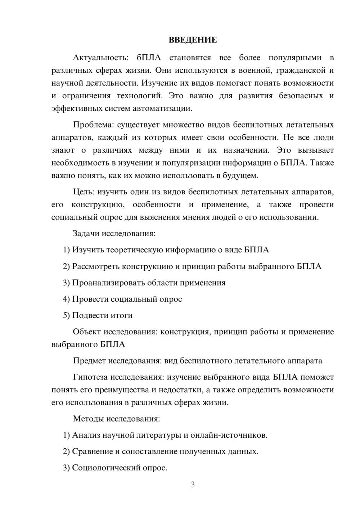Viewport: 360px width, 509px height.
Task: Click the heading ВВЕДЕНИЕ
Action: (x=193, y=40)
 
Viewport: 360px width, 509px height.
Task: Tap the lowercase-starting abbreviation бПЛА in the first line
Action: (x=148, y=58)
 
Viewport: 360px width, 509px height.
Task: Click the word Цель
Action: (x=83, y=192)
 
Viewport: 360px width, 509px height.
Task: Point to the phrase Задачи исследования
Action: (x=114, y=233)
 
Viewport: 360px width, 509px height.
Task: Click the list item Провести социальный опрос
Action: (x=127, y=299)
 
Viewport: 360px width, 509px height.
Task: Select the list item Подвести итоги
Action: (x=102, y=315)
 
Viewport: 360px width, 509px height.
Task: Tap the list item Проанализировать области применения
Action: (x=149, y=283)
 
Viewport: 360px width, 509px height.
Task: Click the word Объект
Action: (x=87, y=332)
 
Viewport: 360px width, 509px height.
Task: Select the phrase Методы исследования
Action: (x=116, y=419)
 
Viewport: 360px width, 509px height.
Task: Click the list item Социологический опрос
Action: (x=120, y=468)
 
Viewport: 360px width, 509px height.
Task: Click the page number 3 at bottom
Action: (x=193, y=485)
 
